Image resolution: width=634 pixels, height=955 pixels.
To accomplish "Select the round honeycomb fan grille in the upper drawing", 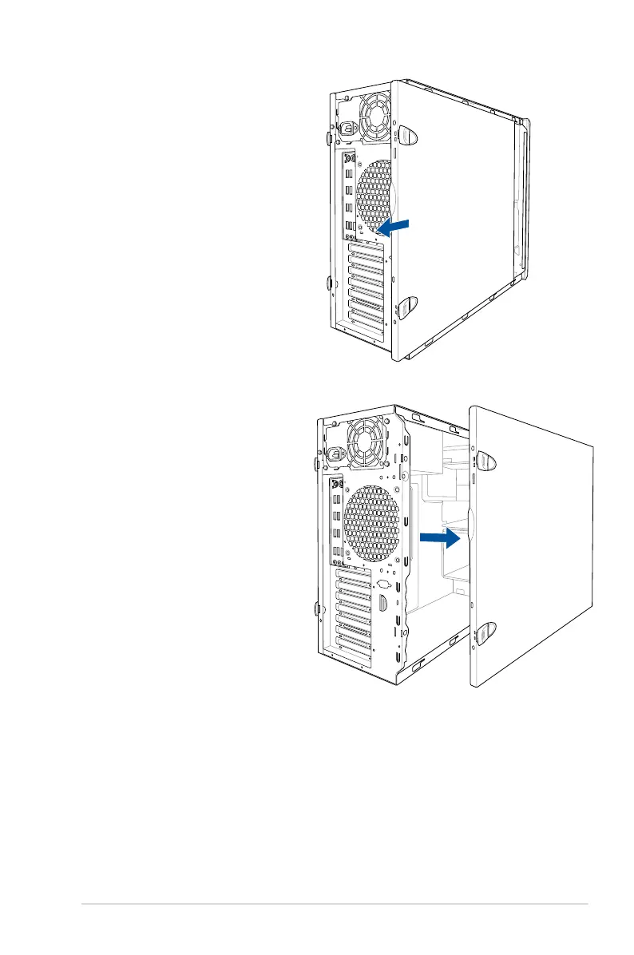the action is pos(374,197).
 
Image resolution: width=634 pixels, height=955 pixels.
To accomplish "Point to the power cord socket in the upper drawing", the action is pos(348,129).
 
